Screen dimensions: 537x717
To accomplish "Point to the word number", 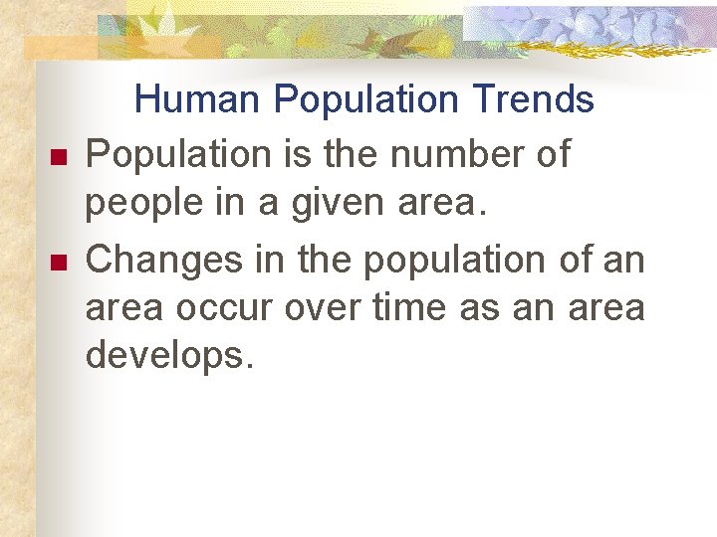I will point(455,155).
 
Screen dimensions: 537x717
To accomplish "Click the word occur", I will point(227,308).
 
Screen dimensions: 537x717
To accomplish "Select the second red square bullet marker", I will point(57,264).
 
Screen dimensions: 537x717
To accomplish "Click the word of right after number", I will point(551,155).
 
